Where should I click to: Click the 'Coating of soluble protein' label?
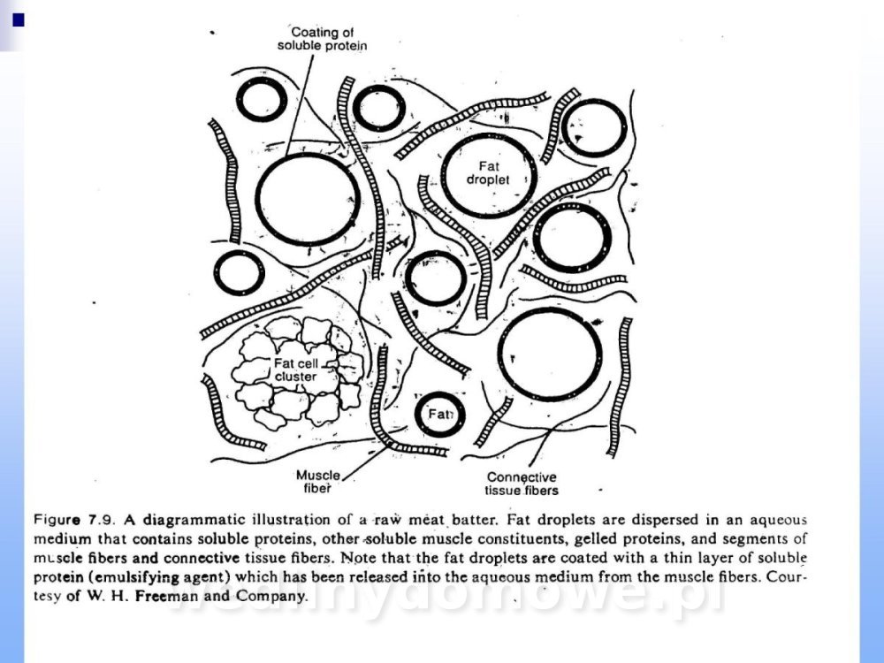322,38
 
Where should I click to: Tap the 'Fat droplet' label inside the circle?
488,171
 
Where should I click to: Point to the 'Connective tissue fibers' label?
522,484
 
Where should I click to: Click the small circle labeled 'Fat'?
439,414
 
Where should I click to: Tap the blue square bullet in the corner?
15,18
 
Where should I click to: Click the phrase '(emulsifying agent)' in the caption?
141,577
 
